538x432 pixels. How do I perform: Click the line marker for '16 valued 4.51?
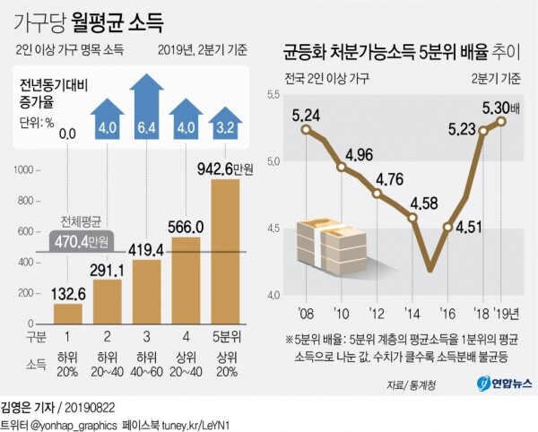447,227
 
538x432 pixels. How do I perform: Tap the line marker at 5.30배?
500,121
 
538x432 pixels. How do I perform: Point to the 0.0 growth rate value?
65,134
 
